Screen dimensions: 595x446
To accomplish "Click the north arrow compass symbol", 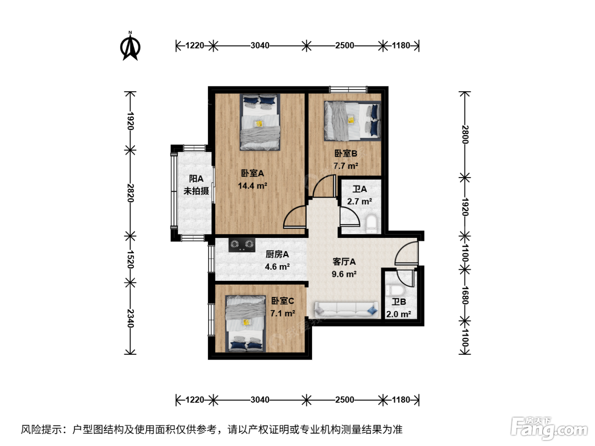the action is [130, 46].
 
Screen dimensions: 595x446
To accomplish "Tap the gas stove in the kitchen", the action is [242, 245].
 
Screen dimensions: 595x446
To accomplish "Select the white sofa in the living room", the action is [346, 310].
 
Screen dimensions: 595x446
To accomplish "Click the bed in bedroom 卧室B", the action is [352, 121].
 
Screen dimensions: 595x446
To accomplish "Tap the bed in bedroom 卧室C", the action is [246, 324].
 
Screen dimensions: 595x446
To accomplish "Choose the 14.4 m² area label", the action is [252, 186].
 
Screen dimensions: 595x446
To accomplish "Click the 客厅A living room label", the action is [344, 262].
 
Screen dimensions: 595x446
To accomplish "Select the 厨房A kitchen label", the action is [277, 254].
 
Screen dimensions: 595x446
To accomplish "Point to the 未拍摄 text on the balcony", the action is [196, 191].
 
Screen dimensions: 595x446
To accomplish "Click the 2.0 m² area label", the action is [399, 314].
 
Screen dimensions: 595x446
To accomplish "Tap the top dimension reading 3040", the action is [260, 45].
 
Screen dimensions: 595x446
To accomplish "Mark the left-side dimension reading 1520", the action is [130, 259].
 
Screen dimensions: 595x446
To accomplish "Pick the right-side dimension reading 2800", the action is [465, 134].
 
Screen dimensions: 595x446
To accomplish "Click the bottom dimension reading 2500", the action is [345, 400].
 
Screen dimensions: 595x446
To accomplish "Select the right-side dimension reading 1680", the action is [465, 295].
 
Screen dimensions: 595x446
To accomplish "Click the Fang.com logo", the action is [549, 429].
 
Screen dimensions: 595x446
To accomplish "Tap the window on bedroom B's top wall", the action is [348, 90].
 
